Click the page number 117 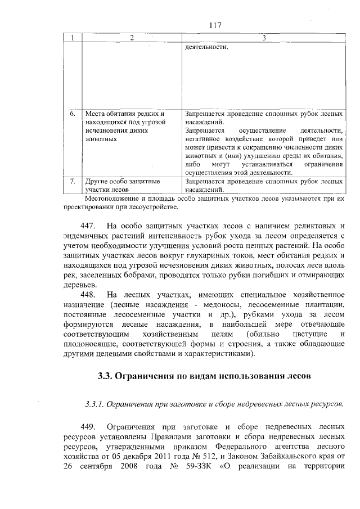point(215,25)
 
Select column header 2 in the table point(132,38)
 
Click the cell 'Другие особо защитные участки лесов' point(122,186)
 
